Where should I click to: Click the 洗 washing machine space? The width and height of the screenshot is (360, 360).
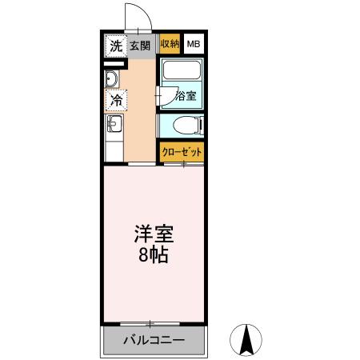[x=115, y=46]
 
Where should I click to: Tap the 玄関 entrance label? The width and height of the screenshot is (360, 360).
[x=141, y=46]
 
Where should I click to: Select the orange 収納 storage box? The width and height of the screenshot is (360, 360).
[x=169, y=45]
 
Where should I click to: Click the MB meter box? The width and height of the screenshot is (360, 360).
[x=194, y=45]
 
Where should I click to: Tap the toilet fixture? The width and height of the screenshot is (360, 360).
[x=186, y=126]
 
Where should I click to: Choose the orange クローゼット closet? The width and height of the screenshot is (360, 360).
[x=181, y=151]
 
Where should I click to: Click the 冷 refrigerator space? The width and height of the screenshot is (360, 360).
[x=115, y=102]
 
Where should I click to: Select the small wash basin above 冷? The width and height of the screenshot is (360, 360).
[x=112, y=78]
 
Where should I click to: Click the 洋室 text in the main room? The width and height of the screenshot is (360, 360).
[x=152, y=238]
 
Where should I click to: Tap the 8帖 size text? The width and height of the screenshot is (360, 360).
[x=152, y=258]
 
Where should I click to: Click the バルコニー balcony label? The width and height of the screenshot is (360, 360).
[x=154, y=340]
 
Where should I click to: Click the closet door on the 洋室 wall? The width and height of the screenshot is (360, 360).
[x=184, y=164]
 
